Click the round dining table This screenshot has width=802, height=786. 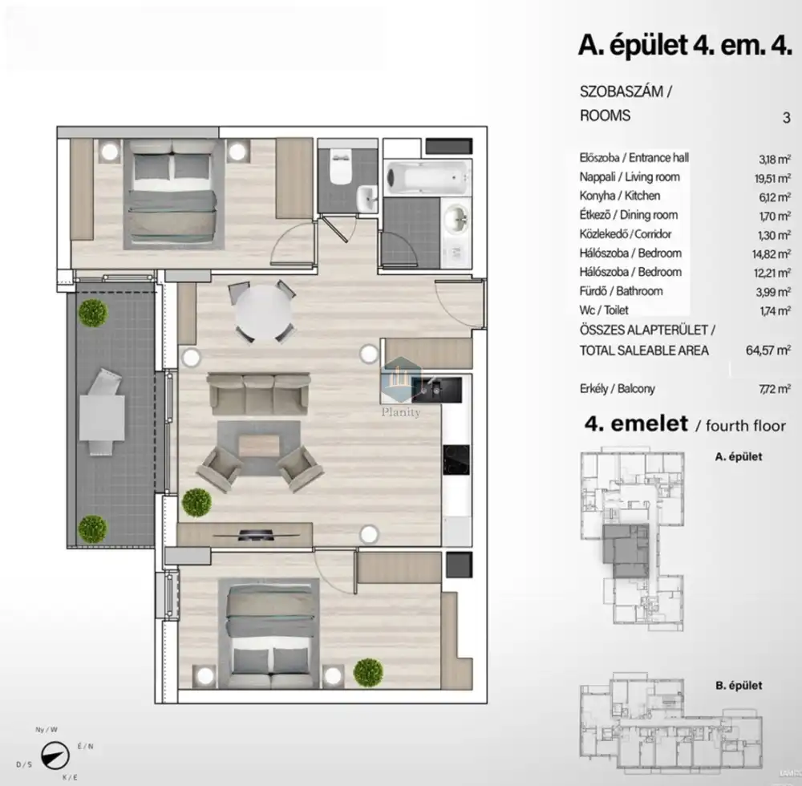coord(263,311)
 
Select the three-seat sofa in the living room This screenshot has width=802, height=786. coord(258,393)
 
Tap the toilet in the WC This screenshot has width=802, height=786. coord(340,164)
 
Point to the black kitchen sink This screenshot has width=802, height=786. coord(437,390)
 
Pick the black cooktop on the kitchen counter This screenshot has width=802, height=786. coord(456,460)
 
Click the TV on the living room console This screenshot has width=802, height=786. coord(255,535)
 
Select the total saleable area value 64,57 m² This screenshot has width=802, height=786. coord(768,350)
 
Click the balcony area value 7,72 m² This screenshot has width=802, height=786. coord(775,389)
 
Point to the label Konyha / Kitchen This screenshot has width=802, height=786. coord(619,196)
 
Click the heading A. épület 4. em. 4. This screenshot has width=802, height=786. coord(685,45)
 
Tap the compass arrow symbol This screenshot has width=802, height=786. coord(55,756)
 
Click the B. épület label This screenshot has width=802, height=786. coord(739,685)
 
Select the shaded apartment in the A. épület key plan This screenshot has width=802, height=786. coord(626,551)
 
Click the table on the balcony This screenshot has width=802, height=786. coord(103,417)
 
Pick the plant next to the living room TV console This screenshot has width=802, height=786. coord(196,502)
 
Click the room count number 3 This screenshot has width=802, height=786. coord(787,118)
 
